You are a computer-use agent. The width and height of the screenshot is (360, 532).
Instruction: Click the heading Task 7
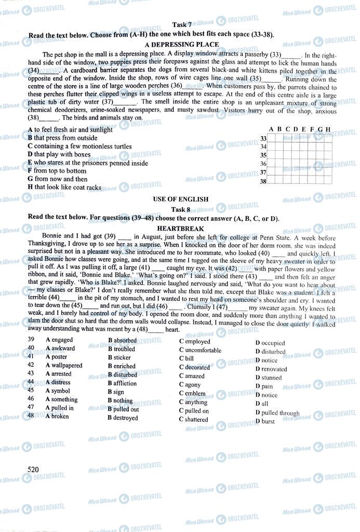[x=181, y=25]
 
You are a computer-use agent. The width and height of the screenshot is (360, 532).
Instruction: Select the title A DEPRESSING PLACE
[x=181, y=45]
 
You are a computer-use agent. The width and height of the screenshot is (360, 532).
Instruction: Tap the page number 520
[x=34, y=470]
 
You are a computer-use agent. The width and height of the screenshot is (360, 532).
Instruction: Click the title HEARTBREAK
[x=181, y=229]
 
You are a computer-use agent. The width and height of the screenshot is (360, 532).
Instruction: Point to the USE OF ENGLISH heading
[x=181, y=199]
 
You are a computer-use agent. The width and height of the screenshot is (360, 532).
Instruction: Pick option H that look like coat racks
[x=64, y=187]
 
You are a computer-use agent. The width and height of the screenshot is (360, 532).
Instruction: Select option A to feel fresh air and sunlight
[x=70, y=130]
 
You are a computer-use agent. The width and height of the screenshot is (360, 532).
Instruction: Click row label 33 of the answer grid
[x=263, y=138]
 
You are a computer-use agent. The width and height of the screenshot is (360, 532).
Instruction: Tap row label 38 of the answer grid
[x=263, y=181]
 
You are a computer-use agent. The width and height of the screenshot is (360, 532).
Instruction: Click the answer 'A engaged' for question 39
[x=59, y=341]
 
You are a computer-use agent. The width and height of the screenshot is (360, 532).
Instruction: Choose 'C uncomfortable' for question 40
[x=200, y=350]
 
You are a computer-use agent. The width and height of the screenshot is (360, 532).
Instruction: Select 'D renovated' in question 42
[x=271, y=369]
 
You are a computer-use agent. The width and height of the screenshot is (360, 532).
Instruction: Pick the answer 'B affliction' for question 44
[x=122, y=383]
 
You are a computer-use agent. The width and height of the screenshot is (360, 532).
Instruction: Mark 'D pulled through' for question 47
[x=277, y=414]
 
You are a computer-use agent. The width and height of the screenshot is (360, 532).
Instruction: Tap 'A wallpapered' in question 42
[x=64, y=365]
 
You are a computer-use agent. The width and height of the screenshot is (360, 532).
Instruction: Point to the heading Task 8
[x=181, y=209]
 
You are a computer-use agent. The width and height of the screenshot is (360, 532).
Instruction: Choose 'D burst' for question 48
[x=265, y=421]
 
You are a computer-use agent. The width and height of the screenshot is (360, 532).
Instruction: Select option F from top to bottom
[x=57, y=171]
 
